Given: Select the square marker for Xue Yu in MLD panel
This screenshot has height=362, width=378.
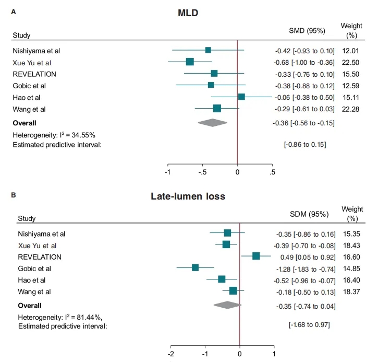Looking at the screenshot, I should coord(190,62).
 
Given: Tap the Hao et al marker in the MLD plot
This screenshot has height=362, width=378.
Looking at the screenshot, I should coord(241,97).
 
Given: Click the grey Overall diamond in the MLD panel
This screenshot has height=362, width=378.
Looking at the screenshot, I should coord(213,123).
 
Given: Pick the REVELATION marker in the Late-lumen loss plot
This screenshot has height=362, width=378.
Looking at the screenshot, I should coord(256,256).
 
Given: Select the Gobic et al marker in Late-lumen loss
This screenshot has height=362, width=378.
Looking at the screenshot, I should coord(196,267).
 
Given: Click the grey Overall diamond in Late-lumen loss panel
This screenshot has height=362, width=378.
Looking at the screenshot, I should coord(228,305).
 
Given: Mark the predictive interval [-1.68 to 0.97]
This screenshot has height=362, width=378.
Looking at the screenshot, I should coord(309,325).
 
